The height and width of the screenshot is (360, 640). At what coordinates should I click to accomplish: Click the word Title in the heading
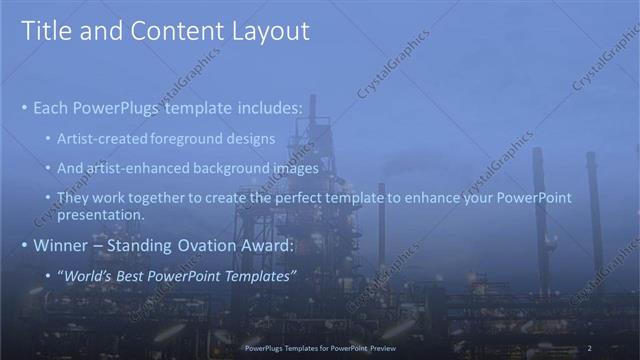[x=46, y=31]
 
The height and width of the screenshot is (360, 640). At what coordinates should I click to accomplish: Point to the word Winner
[x=60, y=244]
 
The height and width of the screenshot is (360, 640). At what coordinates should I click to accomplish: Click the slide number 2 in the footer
[x=590, y=347]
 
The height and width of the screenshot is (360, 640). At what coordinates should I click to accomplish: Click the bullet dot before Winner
[x=24, y=245]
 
